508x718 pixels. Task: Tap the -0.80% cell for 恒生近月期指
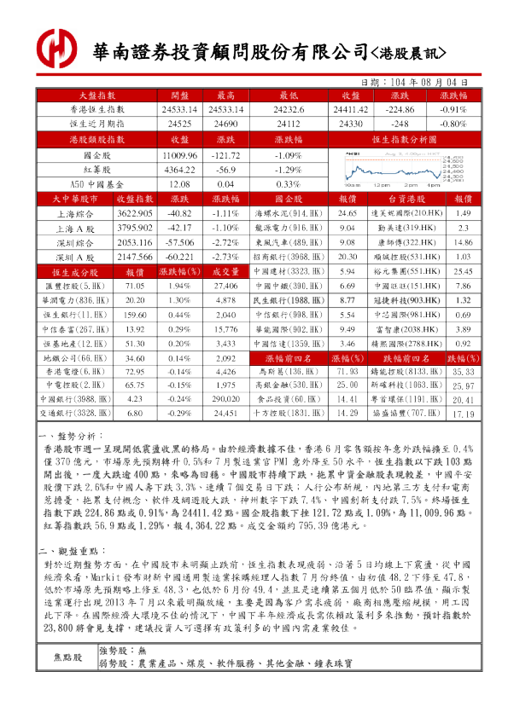tap(453, 124)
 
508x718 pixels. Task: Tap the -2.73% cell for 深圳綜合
tap(225, 255)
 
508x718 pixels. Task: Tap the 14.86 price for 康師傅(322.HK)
tap(463, 241)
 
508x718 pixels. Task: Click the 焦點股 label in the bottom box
tap(68, 657)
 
